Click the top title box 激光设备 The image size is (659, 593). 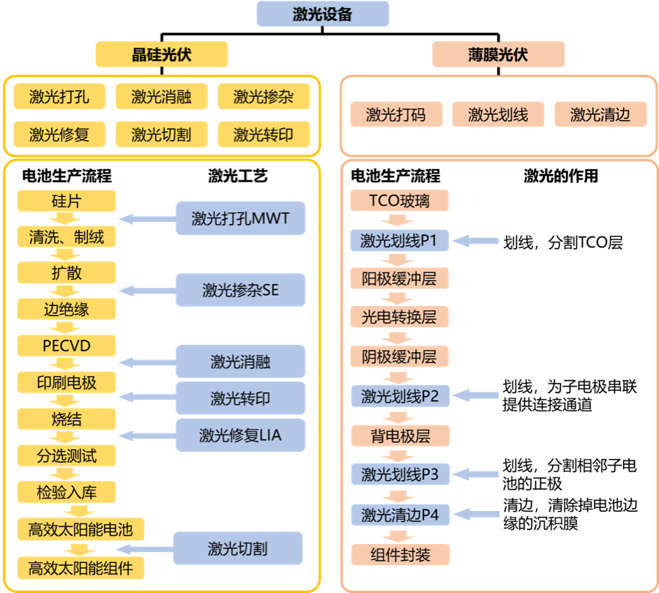[x=322, y=15]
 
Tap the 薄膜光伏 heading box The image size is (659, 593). [x=498, y=54]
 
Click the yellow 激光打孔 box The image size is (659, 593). [x=59, y=96]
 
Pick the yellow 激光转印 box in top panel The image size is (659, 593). [x=264, y=135]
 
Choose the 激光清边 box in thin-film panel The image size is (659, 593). [x=600, y=114]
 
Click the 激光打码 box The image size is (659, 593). [x=395, y=114]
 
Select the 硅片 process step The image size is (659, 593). [x=66, y=201]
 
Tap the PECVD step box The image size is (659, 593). [x=66, y=345]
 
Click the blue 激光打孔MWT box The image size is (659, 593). [x=240, y=218]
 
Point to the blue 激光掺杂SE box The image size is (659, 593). [x=240, y=290]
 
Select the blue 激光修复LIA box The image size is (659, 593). [x=240, y=435]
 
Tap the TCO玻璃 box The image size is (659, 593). [x=400, y=201]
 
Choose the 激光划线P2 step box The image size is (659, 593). [x=400, y=396]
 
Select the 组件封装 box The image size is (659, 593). [x=400, y=554]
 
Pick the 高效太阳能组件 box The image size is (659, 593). [x=81, y=567]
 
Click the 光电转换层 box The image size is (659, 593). [x=400, y=317]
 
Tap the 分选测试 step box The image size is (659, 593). [x=66, y=456]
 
